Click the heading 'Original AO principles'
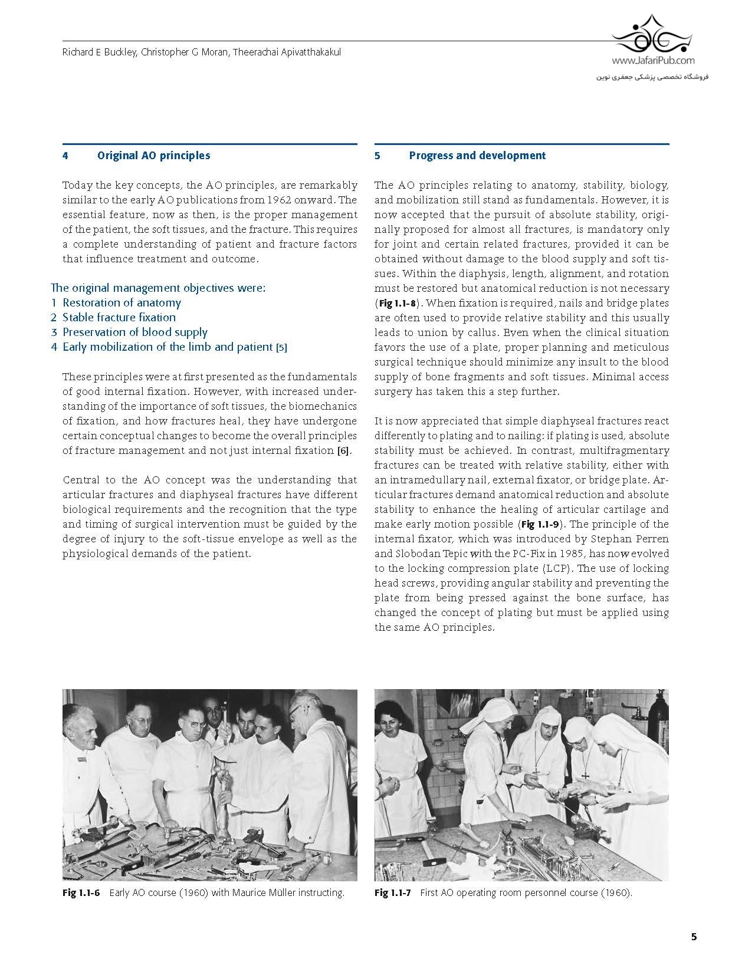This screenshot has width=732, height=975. pos(153,156)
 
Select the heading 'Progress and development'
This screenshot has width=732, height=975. pos(477,156)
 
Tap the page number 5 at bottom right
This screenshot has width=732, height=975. pos(694,937)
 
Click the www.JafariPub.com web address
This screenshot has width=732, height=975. pos(653,60)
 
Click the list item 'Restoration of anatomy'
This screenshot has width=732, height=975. pos(122,303)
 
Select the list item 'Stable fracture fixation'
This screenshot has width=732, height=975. pos(119,318)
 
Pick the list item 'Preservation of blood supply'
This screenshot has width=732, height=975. pos(135,332)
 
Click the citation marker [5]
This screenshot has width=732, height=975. pos(281,348)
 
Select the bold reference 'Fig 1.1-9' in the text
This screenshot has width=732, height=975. pos(539,525)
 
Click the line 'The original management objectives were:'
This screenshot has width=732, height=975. pos(158,288)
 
